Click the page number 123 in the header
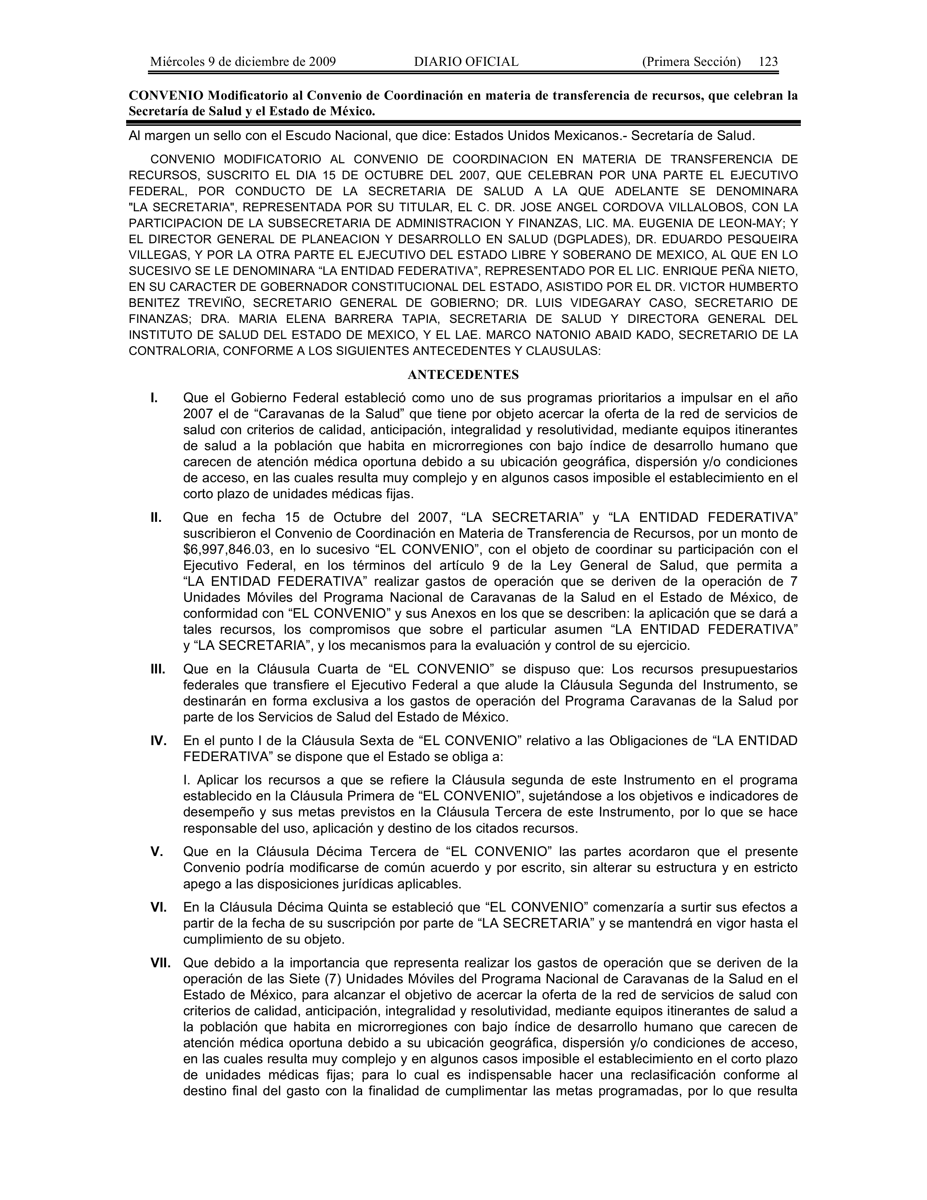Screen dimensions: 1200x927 tap(768, 61)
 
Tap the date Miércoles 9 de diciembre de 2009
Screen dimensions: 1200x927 tap(243, 61)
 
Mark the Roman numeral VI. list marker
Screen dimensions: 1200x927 tap(159, 907)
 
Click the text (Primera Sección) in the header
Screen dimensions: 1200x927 tap(691, 61)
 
